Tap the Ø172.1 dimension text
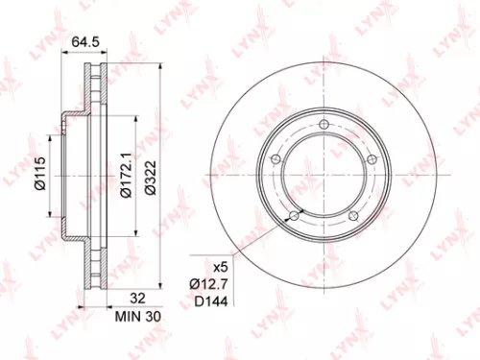click(125, 176)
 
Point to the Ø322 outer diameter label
click(153, 176)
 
